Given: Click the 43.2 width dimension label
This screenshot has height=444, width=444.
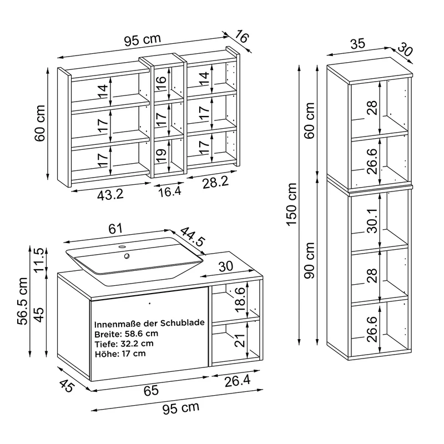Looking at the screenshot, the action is coord(110,195).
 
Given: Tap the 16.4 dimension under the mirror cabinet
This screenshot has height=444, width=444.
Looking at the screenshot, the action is coord(169,192).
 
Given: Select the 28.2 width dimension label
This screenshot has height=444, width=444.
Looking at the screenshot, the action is coord(215,183).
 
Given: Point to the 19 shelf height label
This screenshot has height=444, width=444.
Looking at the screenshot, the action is coord(161,156).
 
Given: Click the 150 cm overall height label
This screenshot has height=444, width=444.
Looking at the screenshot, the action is coord(292,204).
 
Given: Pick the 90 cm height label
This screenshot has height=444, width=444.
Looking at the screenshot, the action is coord(310,260).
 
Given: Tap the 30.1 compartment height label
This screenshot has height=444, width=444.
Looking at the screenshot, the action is coord(372,221).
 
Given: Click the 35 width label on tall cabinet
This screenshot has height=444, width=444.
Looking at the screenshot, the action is coord(357,44).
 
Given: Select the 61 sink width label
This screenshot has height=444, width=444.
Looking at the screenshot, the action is coord(115,229).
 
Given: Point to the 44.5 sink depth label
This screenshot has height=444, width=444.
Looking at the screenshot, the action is coord(192,237).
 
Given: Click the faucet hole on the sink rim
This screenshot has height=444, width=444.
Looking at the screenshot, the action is coord(122,247).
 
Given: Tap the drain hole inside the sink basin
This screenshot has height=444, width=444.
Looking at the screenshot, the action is coord(127,256).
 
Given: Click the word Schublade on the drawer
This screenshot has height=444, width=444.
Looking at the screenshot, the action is coord(183,323).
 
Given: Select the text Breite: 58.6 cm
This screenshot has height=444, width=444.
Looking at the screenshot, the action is coord(126,334).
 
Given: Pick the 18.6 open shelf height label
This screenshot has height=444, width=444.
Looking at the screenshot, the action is coord(240,299).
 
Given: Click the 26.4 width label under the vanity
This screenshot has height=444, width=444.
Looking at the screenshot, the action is coord(238,381).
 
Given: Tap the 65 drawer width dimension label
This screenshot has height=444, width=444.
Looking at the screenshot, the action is coord(151,391).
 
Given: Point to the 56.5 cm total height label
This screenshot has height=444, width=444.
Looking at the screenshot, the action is coord(22,301).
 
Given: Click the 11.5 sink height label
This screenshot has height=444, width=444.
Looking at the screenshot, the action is coord(39,260).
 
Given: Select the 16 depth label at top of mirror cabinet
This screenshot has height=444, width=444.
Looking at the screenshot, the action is coord(241,37).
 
